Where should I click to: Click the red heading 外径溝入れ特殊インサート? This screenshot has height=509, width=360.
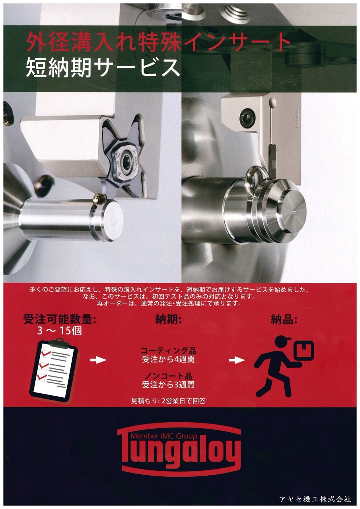158,42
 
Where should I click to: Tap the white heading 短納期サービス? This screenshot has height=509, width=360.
103,68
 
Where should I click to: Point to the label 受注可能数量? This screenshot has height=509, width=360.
60,320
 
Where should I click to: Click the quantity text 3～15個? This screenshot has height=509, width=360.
60,331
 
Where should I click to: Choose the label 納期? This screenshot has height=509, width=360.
168,320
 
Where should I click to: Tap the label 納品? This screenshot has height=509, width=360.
284,320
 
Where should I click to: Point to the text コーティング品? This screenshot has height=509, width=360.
168,351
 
